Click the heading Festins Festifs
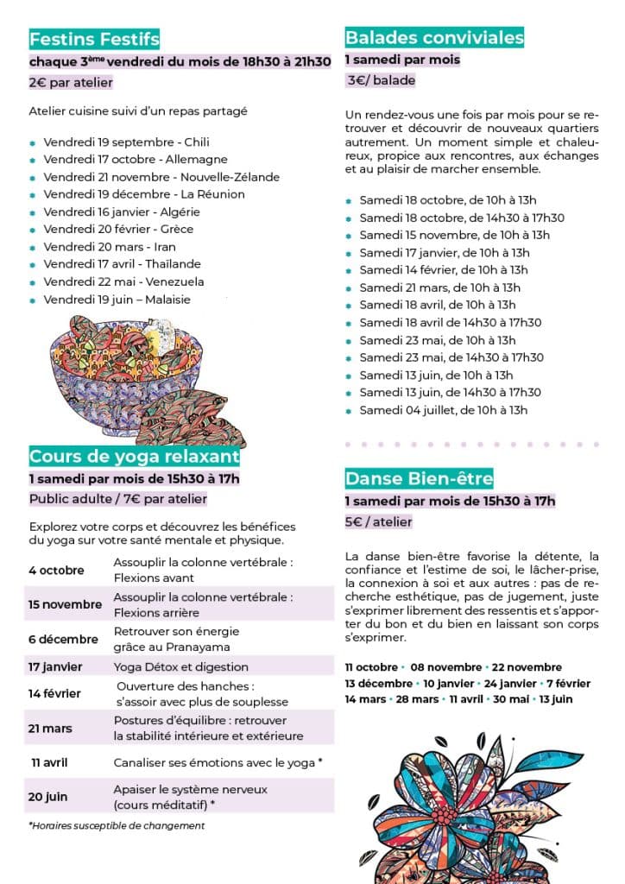[94, 39]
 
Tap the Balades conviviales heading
[434, 37]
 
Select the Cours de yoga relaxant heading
[134, 456]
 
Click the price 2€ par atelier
[71, 83]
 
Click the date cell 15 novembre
[65, 604]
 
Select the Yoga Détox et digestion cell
[180, 666]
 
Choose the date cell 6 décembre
[63, 640]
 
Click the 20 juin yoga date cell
[50, 797]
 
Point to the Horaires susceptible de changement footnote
[117, 825]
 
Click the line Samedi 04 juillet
[443, 410]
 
